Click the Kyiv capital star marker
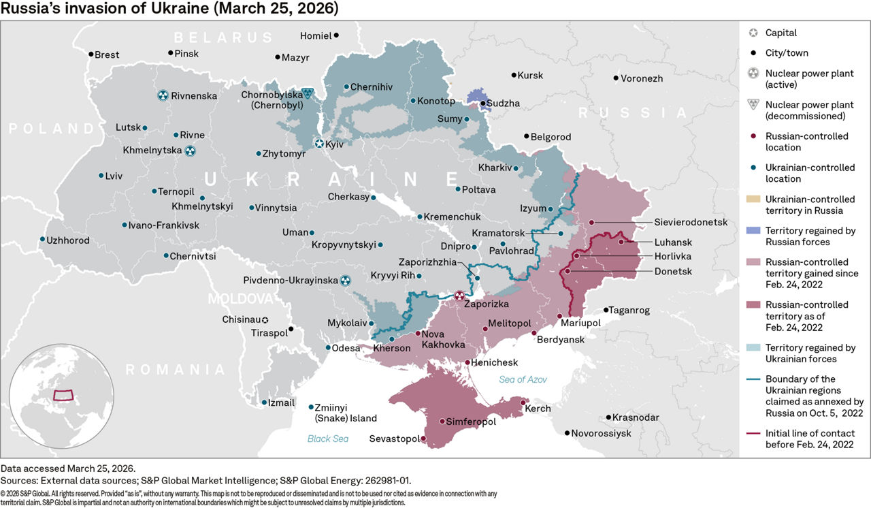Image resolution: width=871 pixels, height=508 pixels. [x=320, y=144]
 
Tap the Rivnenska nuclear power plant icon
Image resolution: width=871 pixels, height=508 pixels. [x=163, y=96]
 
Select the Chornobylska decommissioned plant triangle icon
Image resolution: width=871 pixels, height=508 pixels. [x=308, y=93]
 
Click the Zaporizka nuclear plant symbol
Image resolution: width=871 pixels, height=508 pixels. [x=459, y=296]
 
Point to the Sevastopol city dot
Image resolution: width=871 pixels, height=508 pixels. [x=423, y=439]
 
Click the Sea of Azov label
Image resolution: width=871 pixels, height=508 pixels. [x=523, y=379]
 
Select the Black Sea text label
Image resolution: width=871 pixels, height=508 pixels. [x=327, y=439]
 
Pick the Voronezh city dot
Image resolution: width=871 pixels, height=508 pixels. [x=615, y=78]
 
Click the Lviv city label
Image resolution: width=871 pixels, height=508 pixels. [x=114, y=176]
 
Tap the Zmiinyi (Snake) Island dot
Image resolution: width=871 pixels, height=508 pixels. [x=312, y=407]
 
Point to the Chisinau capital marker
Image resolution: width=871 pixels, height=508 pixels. [x=265, y=319]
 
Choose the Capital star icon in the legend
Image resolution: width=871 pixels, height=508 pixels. [x=752, y=33]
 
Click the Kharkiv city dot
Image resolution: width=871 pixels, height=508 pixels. [x=516, y=168]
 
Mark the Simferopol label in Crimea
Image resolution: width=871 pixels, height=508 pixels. [x=471, y=422]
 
